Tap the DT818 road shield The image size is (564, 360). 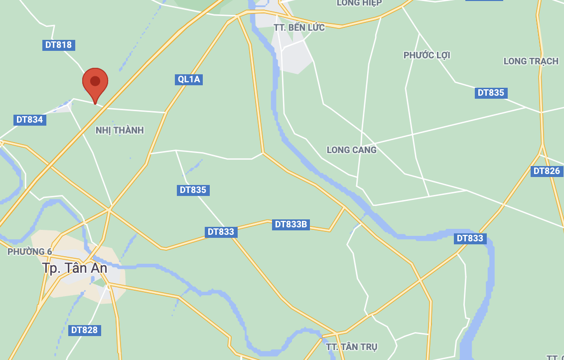58,45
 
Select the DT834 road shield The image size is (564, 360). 29,120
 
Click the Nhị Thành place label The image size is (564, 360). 120,130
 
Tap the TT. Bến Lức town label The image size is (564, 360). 299,27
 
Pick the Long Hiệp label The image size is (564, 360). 359,3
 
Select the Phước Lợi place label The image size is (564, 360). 426,55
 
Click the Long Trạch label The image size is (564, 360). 531,61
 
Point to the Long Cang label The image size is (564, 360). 352,150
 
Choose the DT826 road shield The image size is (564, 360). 547,171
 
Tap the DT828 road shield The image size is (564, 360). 84,330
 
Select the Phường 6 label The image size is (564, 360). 30,252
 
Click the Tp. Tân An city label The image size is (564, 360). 75,268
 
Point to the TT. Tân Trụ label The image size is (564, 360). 352,347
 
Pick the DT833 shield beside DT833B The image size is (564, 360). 221,232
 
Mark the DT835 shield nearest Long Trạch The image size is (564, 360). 491,93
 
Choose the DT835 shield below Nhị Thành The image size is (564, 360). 192,190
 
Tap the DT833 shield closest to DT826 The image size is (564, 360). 470,238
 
